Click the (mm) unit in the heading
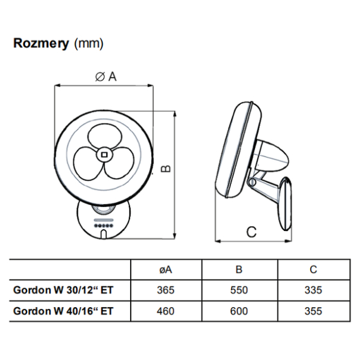pos(88,44)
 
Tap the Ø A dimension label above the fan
pos(106,76)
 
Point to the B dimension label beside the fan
pos(167,169)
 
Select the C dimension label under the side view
pos(251,230)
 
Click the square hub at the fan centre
pos(104,154)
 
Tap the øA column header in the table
pos(166,270)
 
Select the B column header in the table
pos(239,270)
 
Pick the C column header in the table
pos(313,270)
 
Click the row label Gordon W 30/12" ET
pos(64,290)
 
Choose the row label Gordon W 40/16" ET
pos(64,311)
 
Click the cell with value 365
pos(166,290)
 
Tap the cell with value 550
pos(239,290)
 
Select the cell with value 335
pos(313,290)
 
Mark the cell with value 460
pos(166,311)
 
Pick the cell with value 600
pos(239,311)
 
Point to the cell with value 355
pos(313,311)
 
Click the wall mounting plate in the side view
pos(287,201)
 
